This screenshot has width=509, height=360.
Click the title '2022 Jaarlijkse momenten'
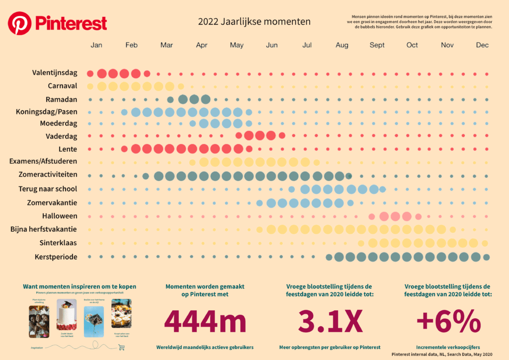point(254,21)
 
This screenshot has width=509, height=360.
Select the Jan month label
point(96,45)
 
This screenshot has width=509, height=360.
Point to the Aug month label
point(342,45)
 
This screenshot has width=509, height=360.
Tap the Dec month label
point(482,45)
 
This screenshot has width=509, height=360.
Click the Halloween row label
point(59,216)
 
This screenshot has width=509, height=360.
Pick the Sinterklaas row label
point(58,243)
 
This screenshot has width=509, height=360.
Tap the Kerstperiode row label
point(56,257)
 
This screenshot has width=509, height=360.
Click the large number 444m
point(205,322)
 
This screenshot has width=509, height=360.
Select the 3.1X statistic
point(330,322)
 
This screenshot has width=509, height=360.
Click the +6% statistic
point(448,322)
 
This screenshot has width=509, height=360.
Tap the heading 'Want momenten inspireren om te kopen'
point(80,286)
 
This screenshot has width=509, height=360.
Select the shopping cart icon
point(120,348)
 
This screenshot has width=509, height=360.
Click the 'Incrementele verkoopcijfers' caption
point(448,347)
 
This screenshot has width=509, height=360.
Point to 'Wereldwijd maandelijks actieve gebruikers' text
point(205,347)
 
